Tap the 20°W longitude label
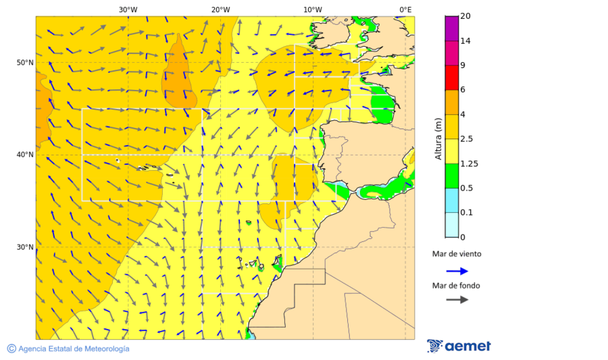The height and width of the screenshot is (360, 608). [220, 10]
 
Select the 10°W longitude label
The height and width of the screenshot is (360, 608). [313, 10]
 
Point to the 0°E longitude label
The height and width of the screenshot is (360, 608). [405, 10]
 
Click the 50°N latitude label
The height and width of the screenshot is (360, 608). [25, 63]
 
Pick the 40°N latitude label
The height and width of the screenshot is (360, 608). [25, 155]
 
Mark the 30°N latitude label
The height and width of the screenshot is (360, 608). [25, 247]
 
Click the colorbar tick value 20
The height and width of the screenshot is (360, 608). [465, 16]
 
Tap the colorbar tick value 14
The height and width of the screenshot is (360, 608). [465, 41]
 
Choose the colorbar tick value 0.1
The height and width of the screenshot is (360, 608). [466, 213]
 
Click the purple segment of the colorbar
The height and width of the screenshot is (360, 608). [452, 28]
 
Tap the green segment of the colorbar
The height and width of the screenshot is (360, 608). [452, 176]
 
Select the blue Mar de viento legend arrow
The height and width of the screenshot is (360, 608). [457, 271]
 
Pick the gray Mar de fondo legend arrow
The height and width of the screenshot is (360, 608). [457, 299]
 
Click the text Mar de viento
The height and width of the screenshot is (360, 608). [457, 254]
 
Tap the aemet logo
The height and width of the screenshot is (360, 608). [459, 346]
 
